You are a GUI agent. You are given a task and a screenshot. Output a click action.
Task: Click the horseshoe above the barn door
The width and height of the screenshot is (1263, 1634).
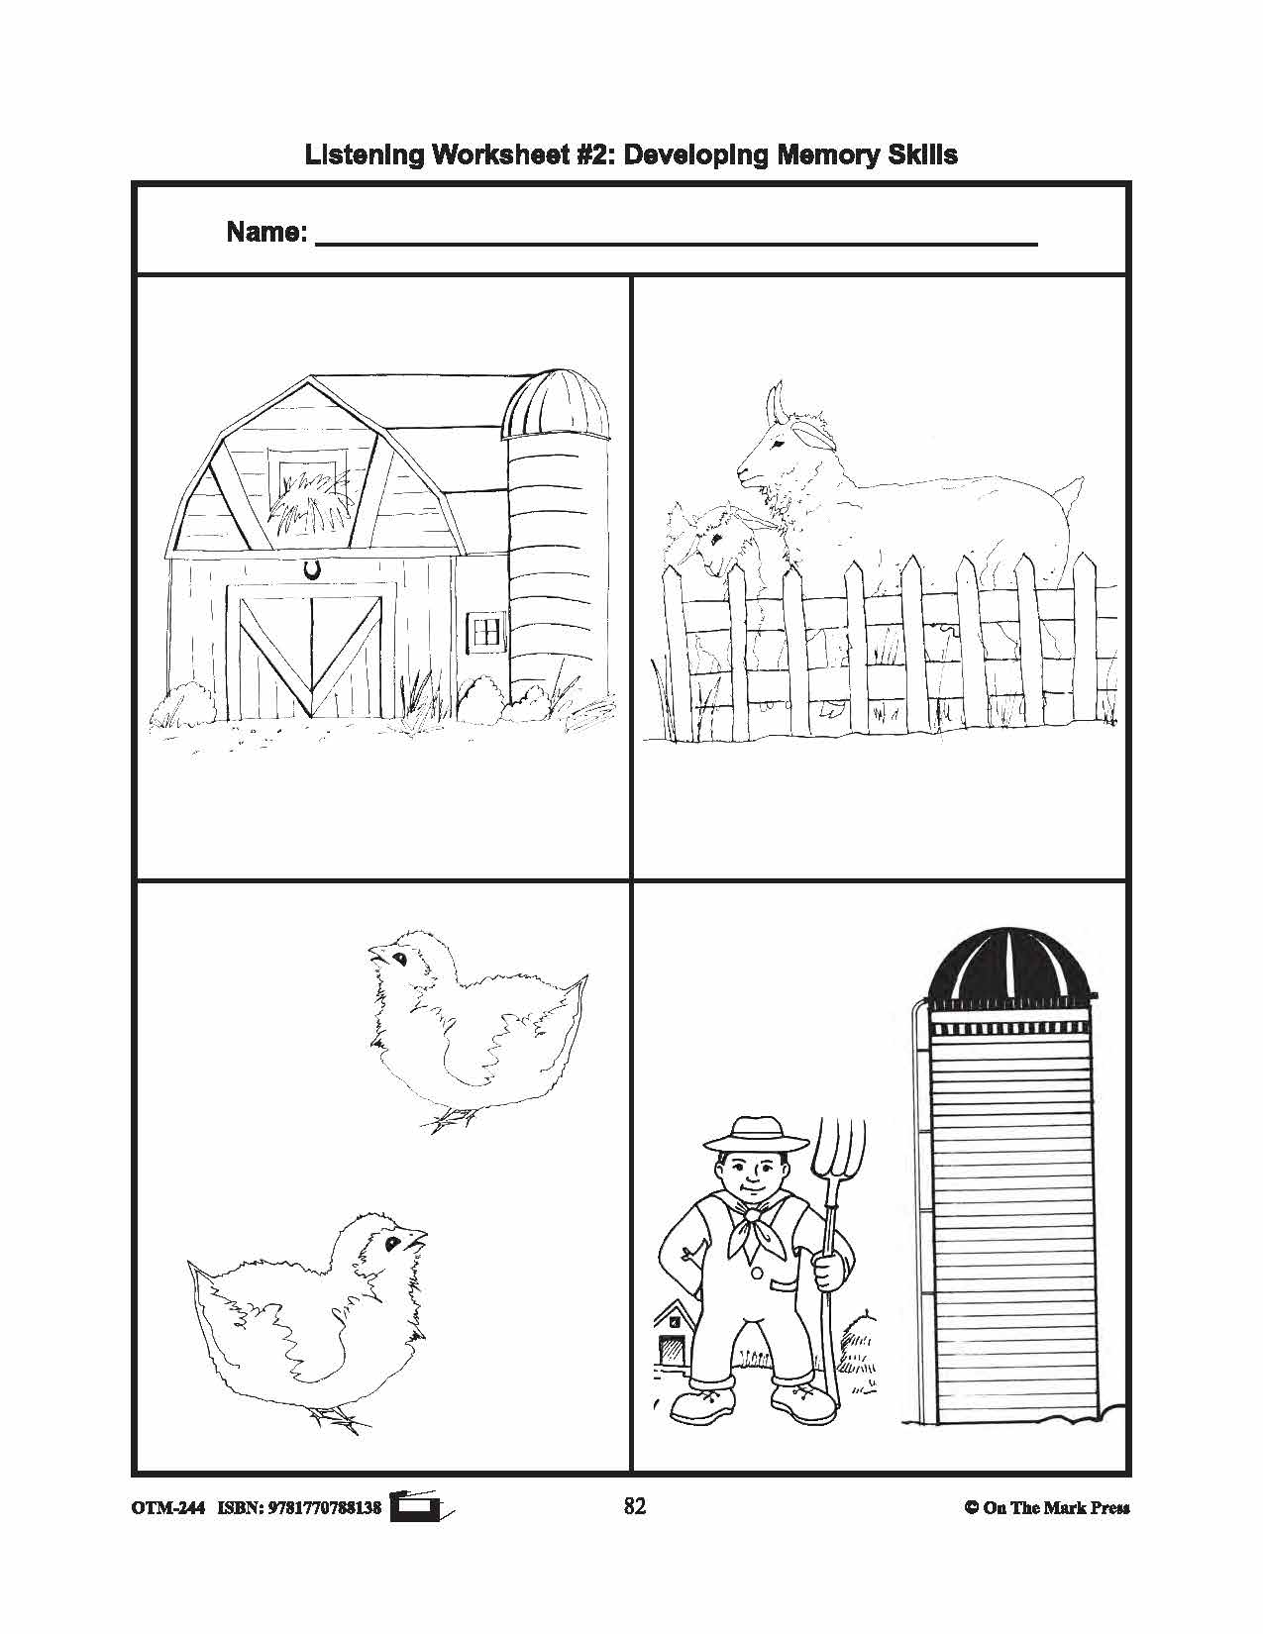point(313,569)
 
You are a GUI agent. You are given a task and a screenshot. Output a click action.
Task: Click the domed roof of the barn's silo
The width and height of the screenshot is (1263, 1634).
point(556,404)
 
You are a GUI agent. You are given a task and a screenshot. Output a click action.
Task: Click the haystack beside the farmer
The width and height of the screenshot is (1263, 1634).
point(859,1351)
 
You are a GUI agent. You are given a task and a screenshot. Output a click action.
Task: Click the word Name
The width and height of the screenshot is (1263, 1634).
point(266,233)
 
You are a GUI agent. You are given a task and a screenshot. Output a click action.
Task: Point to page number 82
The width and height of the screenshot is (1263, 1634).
point(635,1506)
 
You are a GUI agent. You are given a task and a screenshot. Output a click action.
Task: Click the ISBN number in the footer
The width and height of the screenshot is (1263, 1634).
point(324,1508)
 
